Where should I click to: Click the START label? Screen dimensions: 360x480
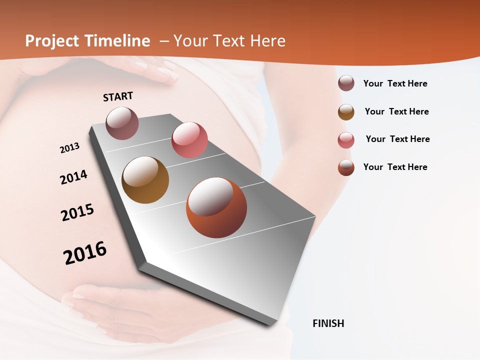pyautogui.click(x=118, y=96)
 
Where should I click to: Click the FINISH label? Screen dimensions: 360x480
pyautogui.click(x=328, y=323)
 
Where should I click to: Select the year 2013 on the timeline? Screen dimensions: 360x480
pyautogui.click(x=70, y=148)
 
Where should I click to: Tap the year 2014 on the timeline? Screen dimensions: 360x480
pyautogui.click(x=73, y=177)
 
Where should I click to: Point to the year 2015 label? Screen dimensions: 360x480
pyautogui.click(x=77, y=212)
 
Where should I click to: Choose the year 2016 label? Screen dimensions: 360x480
pyautogui.click(x=85, y=253)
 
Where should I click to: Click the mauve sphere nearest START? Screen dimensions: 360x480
pyautogui.click(x=122, y=123)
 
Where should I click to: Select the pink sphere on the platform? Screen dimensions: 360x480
pyautogui.click(x=189, y=139)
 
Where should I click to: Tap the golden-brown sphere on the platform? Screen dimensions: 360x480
pyautogui.click(x=145, y=180)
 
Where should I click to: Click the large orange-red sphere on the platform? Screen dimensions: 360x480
pyautogui.click(x=216, y=207)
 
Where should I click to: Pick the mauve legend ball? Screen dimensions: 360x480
pyautogui.click(x=346, y=83)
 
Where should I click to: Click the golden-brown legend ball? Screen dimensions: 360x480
pyautogui.click(x=346, y=112)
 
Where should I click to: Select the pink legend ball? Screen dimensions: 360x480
pyautogui.click(x=346, y=140)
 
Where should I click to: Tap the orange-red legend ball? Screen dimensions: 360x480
pyautogui.click(x=346, y=167)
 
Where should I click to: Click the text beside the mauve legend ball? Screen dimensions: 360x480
pyautogui.click(x=395, y=83)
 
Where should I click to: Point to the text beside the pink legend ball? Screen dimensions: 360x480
pyautogui.click(x=397, y=139)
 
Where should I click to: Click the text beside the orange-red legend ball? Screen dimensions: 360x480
pyautogui.click(x=395, y=167)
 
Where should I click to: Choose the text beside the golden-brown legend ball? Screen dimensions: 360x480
pyautogui.click(x=396, y=111)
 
